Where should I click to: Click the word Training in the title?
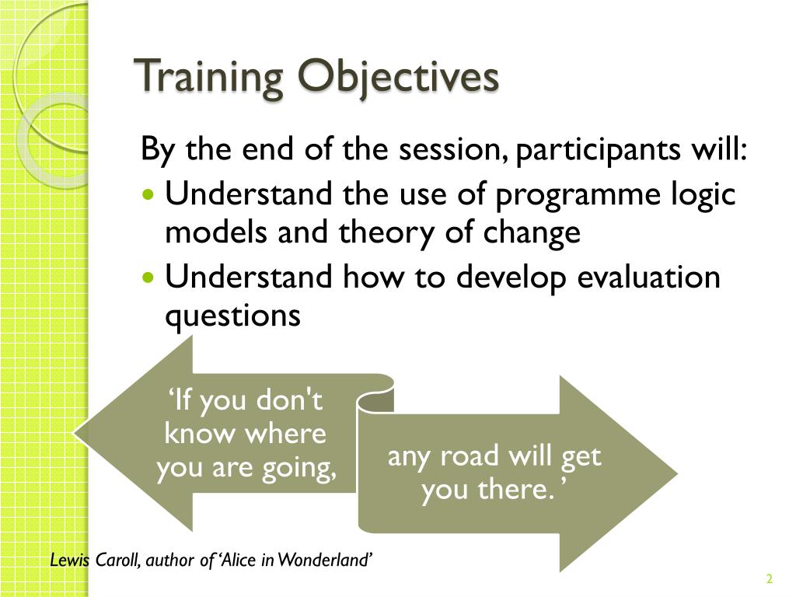tap(208, 76)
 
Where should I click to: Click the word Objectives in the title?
tap(398, 77)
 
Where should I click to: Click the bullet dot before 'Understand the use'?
tap(148, 194)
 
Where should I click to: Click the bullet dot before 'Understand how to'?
tap(148, 278)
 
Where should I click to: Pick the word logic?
tap(703, 195)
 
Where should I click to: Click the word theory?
tap(386, 233)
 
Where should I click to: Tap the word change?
tap(532, 233)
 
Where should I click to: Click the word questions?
tap(232, 317)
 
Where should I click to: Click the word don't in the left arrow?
tap(289, 400)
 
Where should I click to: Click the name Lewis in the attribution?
tap(68, 560)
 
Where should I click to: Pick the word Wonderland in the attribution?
tap(325, 560)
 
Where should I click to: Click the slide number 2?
tap(770, 578)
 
